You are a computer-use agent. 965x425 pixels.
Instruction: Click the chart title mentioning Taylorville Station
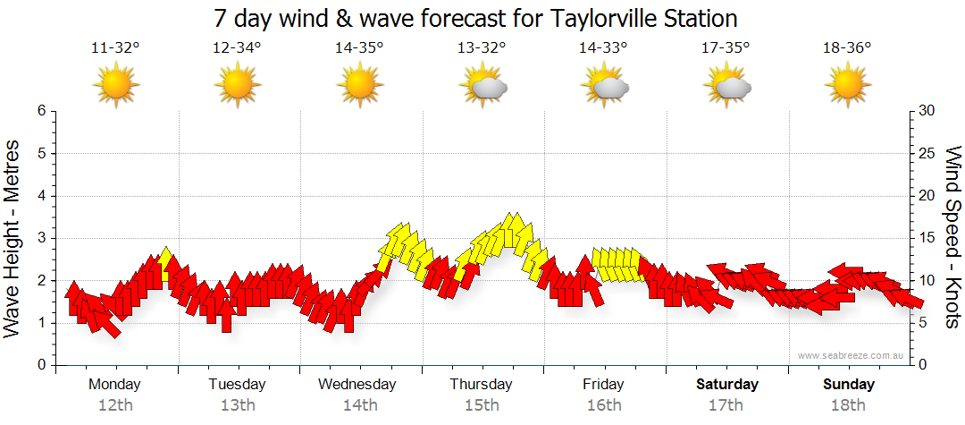point(476,18)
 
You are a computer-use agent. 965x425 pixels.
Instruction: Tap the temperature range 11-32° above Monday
point(115,48)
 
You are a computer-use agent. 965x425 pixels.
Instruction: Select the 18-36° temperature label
point(847,48)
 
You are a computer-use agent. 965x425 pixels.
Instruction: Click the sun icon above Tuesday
point(237,86)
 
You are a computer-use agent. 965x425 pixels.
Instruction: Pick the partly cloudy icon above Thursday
point(483,86)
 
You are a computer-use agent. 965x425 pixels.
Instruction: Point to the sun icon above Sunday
point(847,86)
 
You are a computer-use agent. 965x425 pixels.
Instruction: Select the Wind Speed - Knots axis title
point(951,237)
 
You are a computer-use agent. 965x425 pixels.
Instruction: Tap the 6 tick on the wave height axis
point(41,111)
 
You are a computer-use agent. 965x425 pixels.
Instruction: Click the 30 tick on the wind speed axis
point(928,111)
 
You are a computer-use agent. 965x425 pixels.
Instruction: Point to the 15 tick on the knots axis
point(928,238)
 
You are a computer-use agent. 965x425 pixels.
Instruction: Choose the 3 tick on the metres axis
point(41,238)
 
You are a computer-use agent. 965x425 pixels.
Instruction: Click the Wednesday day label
point(357,385)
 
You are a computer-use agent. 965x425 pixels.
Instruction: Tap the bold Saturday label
point(727,385)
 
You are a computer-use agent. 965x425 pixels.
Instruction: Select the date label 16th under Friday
point(604,405)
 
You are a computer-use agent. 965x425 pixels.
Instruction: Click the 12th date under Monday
point(114,405)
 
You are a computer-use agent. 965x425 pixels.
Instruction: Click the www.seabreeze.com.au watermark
point(852,356)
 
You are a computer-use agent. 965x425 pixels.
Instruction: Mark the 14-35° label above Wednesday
point(359,48)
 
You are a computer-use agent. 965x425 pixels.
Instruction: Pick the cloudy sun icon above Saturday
point(727,86)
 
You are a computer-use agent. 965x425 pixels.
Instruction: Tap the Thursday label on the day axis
point(481,385)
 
